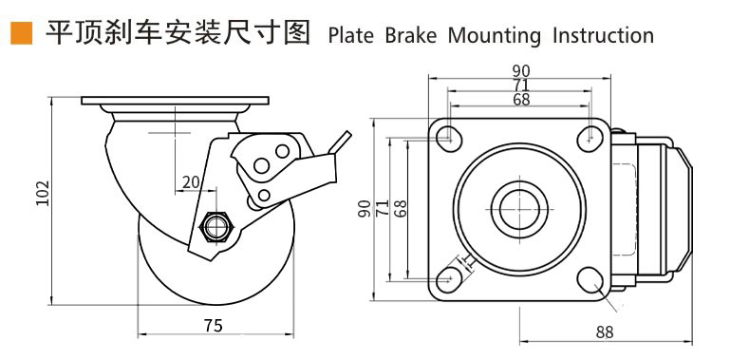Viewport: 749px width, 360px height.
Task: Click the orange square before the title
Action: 19,34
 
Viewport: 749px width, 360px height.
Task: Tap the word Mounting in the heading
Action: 487,36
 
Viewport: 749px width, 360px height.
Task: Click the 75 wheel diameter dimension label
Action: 213,326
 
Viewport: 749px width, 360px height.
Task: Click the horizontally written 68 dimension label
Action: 520,99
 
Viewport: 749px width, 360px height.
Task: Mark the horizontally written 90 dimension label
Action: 520,70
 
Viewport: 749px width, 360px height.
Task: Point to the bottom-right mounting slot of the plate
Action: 590,282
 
